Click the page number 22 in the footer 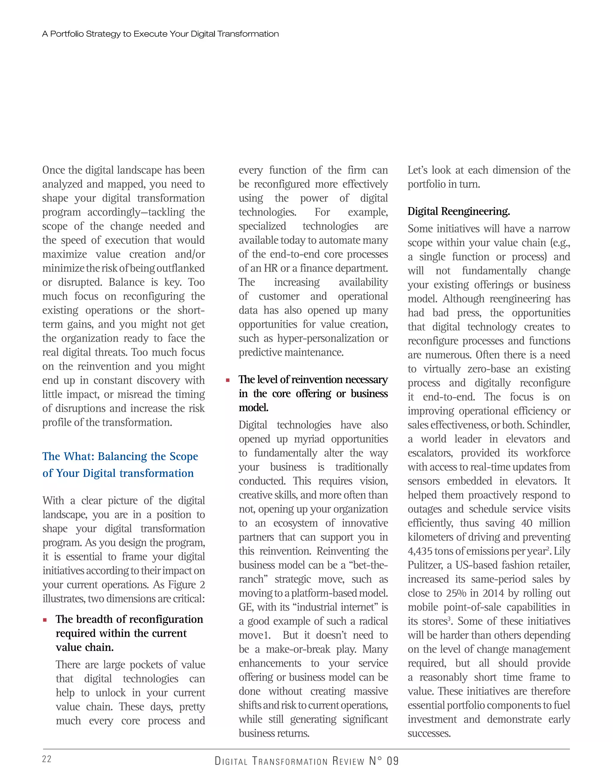point(47,759)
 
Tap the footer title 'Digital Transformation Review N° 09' point(306,761)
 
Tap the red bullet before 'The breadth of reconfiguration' point(45,620)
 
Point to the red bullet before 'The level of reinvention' point(227,380)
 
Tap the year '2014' point(494,593)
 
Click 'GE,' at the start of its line point(247,607)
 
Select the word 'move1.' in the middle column point(254,635)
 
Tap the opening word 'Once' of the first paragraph point(54,170)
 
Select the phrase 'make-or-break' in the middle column point(298,649)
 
